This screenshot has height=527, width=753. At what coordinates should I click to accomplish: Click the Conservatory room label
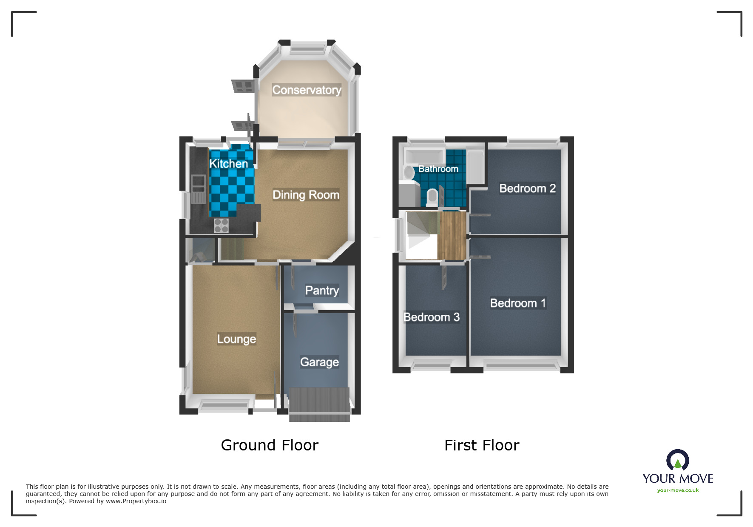(307, 90)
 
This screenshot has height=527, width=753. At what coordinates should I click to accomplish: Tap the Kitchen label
(228, 164)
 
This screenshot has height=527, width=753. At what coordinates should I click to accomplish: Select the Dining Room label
(306, 195)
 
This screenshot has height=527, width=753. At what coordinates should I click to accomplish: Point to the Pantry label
(322, 291)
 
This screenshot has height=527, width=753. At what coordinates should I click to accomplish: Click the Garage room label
(319, 362)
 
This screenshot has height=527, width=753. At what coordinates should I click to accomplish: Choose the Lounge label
(236, 339)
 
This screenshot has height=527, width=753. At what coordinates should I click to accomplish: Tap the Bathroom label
(438, 169)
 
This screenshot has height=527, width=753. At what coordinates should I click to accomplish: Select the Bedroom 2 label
(527, 188)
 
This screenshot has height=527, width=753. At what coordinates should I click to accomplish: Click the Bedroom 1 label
(517, 303)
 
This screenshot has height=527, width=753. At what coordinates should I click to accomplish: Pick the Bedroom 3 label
(431, 317)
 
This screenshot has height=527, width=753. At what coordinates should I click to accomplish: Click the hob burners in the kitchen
(221, 225)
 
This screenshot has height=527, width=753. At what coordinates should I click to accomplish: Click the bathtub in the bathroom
(423, 157)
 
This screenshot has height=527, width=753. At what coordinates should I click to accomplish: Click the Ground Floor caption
(270, 445)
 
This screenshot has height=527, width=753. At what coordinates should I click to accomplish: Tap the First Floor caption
(482, 445)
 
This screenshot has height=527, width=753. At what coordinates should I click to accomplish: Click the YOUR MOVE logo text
(678, 479)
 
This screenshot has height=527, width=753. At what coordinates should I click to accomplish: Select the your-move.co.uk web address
(678, 490)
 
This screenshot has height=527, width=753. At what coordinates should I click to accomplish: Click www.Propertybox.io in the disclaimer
(136, 501)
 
